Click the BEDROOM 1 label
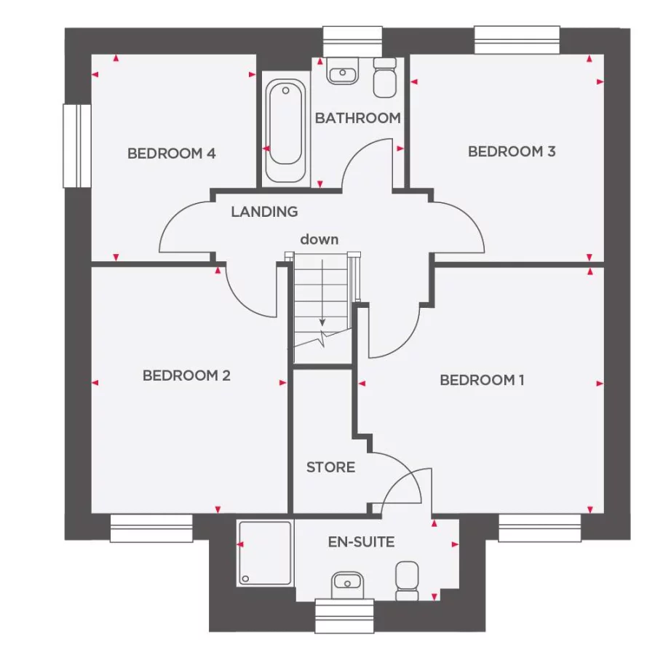click(482, 380)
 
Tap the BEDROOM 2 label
click(186, 376)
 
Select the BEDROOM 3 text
click(512, 151)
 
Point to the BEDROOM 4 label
click(172, 154)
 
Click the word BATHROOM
click(357, 118)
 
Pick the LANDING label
click(264, 212)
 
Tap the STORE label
click(330, 467)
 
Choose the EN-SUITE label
click(361, 542)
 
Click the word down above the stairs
click(319, 239)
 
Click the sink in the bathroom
click(343, 73)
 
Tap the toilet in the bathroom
click(384, 78)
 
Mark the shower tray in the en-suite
click(264, 552)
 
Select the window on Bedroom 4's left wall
click(76, 146)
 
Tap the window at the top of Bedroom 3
click(517, 40)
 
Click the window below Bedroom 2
click(151, 528)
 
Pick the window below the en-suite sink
click(345, 616)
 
